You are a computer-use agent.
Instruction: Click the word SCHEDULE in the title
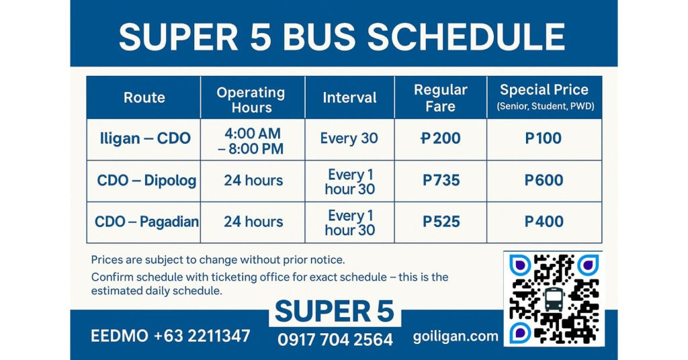pos(466,36)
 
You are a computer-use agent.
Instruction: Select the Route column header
pos(144,97)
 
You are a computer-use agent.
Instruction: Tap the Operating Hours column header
pos(251,99)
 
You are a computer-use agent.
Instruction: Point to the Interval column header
pos(349,97)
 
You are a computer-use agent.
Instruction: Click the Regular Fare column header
pos(440,98)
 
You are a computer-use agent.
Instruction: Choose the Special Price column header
pos(544,97)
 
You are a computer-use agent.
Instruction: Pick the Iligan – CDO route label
pos(144,139)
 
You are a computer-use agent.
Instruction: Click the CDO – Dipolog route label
pos(146,181)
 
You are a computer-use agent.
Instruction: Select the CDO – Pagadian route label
pos(146,222)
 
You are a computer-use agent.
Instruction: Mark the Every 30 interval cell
pos(349,139)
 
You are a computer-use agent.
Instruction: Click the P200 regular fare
pos(440,139)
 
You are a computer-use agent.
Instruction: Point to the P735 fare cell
pos(441,181)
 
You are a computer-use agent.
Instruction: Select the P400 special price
pos(544,222)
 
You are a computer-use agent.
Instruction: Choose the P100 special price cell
pos(544,139)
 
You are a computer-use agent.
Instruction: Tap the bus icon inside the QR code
pos(554,299)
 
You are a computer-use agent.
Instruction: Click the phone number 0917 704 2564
pos(335,340)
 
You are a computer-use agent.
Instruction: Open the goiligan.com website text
pos(456,336)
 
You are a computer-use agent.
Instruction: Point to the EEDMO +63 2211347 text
pos(170,336)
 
